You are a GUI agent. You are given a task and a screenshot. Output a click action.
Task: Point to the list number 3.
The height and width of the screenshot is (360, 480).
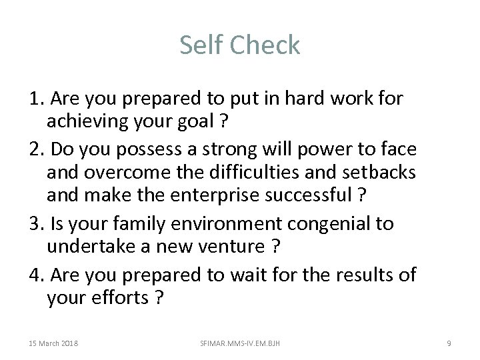(37, 223)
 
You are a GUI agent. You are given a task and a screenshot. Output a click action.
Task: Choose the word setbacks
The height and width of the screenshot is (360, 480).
(378, 173)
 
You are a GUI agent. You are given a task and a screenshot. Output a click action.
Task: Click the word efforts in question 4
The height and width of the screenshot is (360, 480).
(121, 297)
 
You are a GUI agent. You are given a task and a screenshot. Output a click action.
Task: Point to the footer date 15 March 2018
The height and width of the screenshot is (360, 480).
(53, 343)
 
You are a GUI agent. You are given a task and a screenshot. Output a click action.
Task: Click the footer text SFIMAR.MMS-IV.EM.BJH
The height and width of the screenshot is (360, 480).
(240, 343)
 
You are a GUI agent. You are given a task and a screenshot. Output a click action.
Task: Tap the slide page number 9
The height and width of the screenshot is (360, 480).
(449, 343)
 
